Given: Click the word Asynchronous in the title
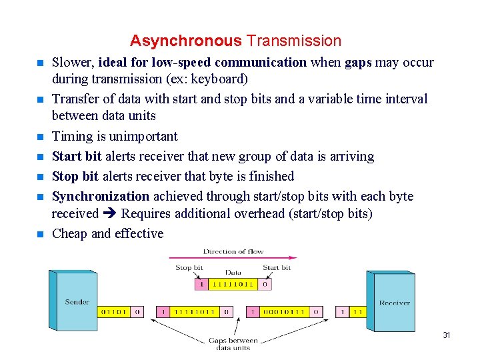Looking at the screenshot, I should click(185, 41).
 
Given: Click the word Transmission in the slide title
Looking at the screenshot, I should click(293, 41).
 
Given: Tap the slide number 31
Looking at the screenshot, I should click(447, 335).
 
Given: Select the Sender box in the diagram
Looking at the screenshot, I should click(77, 301).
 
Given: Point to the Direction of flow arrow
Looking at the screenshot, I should click(233, 258).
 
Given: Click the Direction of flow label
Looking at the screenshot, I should click(233, 251).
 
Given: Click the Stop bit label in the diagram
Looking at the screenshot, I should click(189, 268).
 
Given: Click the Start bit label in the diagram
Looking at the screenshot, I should click(276, 268).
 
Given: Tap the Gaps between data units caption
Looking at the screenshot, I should click(233, 344).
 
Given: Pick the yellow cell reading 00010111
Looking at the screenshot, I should click(284, 312).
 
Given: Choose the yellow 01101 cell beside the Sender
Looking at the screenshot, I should click(114, 311).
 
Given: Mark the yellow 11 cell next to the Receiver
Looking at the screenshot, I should click(357, 312).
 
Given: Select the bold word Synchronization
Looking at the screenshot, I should click(101, 196).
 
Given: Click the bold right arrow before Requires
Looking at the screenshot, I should click(109, 214).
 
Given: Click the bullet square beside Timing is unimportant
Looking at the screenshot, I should click(39, 137).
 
